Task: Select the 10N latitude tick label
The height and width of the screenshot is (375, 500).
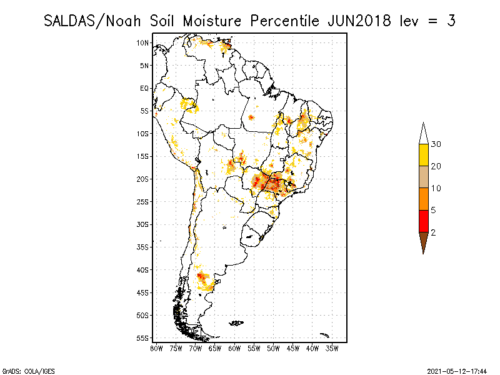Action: (142, 42)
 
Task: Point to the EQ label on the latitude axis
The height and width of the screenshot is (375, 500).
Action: (144, 88)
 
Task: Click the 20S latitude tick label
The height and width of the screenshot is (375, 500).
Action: (142, 179)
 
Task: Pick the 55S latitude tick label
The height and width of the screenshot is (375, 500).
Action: (142, 338)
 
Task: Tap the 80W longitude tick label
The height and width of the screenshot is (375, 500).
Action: (156, 348)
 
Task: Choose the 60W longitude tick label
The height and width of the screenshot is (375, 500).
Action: (234, 348)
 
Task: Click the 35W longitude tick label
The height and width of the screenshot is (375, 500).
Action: (332, 348)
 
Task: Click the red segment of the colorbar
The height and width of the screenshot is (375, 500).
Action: (423, 221)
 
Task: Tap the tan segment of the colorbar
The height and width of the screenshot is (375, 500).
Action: (423, 177)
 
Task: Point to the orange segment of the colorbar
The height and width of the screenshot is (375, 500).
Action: (423, 199)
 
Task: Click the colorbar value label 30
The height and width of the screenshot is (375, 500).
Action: (436, 144)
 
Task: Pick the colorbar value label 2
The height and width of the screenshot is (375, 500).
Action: (434, 232)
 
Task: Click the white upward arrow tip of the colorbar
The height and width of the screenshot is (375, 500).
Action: (423, 133)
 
